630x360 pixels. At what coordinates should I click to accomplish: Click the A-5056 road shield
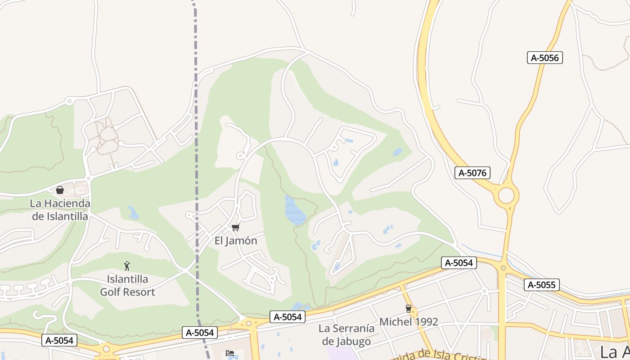click(x=545, y=58)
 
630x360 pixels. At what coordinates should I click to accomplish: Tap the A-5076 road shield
click(x=472, y=173)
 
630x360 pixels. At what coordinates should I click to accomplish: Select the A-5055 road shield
click(x=542, y=285)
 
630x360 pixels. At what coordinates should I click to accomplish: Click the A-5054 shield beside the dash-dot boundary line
click(x=200, y=333)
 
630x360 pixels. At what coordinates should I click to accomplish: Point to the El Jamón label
click(x=236, y=241)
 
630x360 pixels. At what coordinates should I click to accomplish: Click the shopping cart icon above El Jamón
click(x=236, y=228)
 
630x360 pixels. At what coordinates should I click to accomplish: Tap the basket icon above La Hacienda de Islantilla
click(x=60, y=190)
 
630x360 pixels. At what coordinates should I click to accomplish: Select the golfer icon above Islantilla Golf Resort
click(x=127, y=266)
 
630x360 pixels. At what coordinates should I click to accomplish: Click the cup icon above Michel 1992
click(x=409, y=309)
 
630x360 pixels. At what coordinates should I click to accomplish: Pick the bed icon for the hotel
click(x=230, y=353)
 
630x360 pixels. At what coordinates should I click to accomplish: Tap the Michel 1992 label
click(x=409, y=322)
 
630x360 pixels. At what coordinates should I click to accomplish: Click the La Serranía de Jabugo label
click(x=346, y=335)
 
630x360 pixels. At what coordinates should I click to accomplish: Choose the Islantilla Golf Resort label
click(x=127, y=286)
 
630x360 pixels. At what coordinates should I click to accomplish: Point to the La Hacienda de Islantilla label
click(x=60, y=210)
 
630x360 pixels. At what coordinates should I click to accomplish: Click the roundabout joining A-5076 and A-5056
click(x=506, y=196)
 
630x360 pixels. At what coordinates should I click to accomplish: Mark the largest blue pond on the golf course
click(x=294, y=211)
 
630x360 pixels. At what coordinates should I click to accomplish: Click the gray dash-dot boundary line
click(x=196, y=135)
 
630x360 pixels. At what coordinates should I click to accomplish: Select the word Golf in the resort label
click(x=110, y=292)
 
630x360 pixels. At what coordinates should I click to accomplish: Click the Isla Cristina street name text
click(x=445, y=355)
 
